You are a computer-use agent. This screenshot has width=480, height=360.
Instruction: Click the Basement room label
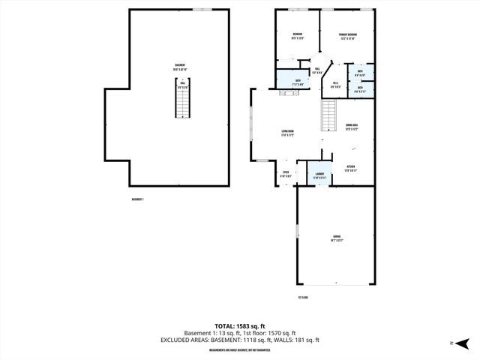[180, 67]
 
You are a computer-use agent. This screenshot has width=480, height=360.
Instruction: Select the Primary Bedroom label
[347, 36]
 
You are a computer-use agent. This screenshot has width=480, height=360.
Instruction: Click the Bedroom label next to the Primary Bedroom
[297, 36]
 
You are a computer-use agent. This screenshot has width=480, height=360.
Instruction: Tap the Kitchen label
[350, 168]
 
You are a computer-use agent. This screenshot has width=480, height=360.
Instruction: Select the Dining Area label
[351, 127]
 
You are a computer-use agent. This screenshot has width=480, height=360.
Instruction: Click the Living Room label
[287, 133]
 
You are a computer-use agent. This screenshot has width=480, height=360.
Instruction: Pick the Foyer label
[286, 174]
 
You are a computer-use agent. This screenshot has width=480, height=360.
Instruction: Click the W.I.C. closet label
[336, 85]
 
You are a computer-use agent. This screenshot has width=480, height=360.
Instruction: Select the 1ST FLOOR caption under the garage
[303, 298]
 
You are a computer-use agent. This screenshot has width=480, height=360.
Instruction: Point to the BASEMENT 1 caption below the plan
[137, 199]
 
